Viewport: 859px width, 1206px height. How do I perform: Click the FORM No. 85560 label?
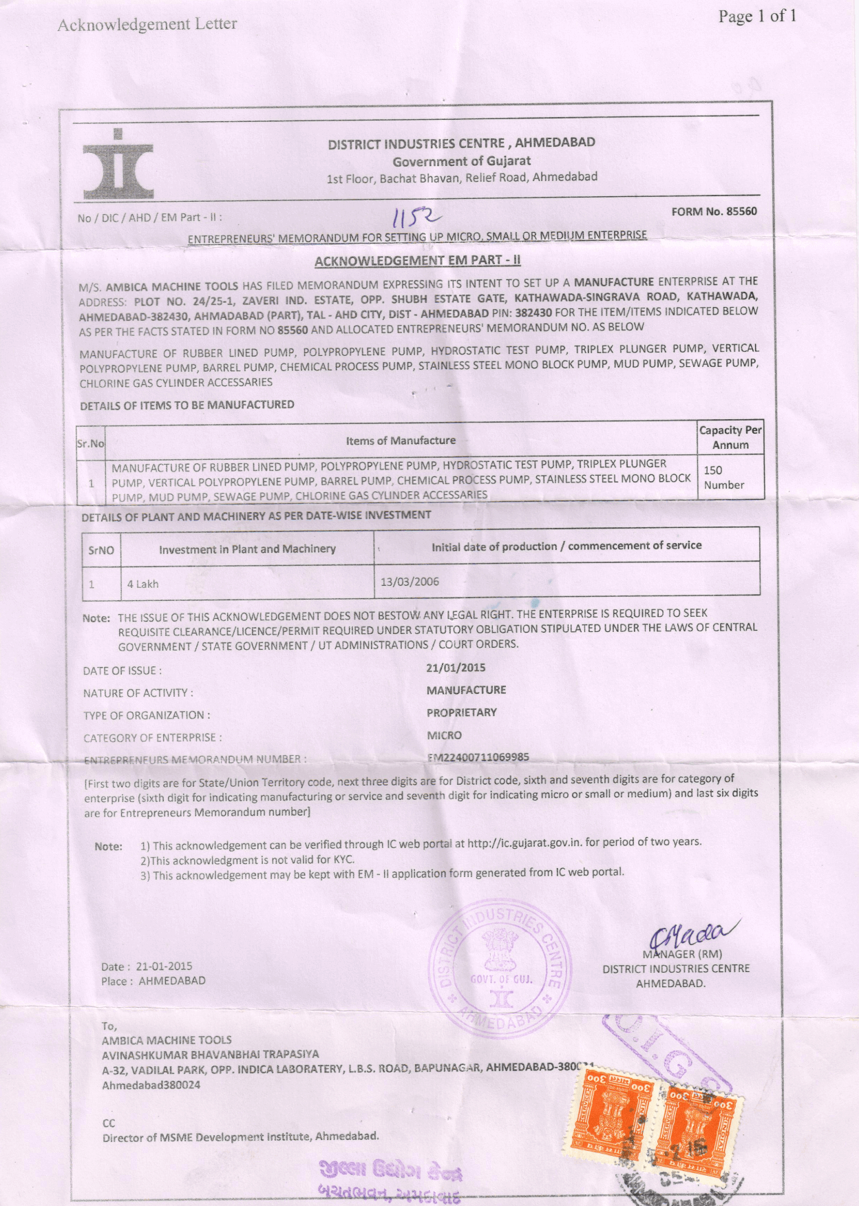pyautogui.click(x=714, y=211)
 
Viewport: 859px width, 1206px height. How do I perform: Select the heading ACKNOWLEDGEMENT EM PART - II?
pyautogui.click(x=417, y=260)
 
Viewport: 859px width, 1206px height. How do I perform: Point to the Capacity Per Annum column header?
pyautogui.click(x=730, y=437)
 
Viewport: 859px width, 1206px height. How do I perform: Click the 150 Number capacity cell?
pyautogui.click(x=723, y=477)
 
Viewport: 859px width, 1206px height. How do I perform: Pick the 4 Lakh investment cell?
pyautogui.click(x=143, y=584)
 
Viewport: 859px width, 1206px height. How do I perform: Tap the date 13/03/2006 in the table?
pyautogui.click(x=410, y=582)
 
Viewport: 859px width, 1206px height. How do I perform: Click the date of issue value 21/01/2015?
pyautogui.click(x=456, y=668)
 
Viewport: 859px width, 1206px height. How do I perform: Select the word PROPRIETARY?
pyautogui.click(x=461, y=712)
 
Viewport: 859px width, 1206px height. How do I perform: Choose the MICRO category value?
pyautogui.click(x=444, y=735)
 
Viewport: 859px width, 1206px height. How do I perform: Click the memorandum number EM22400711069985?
pyautogui.click(x=478, y=757)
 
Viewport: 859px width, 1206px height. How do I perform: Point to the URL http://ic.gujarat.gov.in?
pyautogui.click(x=525, y=843)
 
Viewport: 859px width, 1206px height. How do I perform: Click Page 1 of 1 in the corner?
pyautogui.click(x=757, y=16)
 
